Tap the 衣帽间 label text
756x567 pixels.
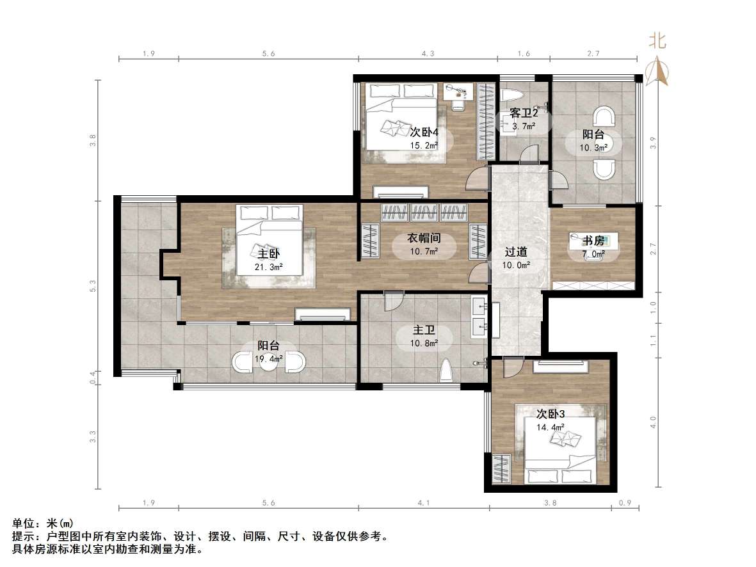[424, 238]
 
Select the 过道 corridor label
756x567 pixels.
[515, 252]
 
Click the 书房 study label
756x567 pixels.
[593, 241]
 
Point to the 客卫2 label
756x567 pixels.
[523, 113]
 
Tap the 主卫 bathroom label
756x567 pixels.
[424, 330]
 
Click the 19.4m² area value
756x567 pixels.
[269, 358]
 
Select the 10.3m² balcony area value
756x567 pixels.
[592, 148]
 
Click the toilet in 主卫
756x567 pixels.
[447, 371]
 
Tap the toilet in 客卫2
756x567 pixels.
[513, 96]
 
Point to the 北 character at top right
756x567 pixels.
[658, 42]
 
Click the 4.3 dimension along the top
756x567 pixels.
[428, 54]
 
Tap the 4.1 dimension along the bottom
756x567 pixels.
[424, 503]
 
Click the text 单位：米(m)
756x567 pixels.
[39, 523]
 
